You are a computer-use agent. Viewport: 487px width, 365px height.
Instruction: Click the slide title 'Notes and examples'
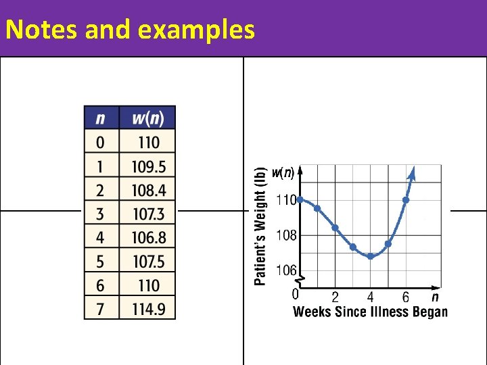coord(130,30)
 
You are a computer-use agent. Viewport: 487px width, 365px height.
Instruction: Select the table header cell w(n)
coord(147,118)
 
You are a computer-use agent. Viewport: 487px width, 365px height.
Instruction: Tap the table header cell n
coord(101,118)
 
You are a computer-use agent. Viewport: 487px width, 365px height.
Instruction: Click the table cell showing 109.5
coord(147,166)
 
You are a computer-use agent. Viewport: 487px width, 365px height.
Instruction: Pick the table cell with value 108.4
coord(147,190)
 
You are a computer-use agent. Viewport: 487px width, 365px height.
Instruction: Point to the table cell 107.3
coord(147,214)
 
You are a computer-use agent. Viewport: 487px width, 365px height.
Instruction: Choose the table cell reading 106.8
coord(147,237)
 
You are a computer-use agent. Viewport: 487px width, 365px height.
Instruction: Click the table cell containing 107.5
coord(147,261)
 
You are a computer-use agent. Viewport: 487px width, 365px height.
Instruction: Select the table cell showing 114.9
coord(147,308)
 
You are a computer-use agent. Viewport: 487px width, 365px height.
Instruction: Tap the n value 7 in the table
coord(101,308)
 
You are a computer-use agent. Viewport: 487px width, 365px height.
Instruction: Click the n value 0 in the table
coord(101,143)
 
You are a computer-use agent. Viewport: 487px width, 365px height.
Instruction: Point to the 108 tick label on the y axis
coord(286,236)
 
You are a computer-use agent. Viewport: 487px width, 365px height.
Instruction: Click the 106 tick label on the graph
coord(286,270)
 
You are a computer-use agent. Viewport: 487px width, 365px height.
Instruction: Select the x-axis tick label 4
coord(370,297)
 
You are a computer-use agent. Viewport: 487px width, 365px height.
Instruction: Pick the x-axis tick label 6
coord(405,297)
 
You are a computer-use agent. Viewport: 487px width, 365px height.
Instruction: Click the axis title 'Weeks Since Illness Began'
coord(370,312)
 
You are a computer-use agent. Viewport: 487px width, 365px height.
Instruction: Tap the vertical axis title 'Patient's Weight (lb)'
coord(260,226)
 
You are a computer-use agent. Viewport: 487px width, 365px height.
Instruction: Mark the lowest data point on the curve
coord(371,257)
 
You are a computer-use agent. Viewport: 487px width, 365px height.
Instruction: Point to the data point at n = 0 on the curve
coord(300,199)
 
